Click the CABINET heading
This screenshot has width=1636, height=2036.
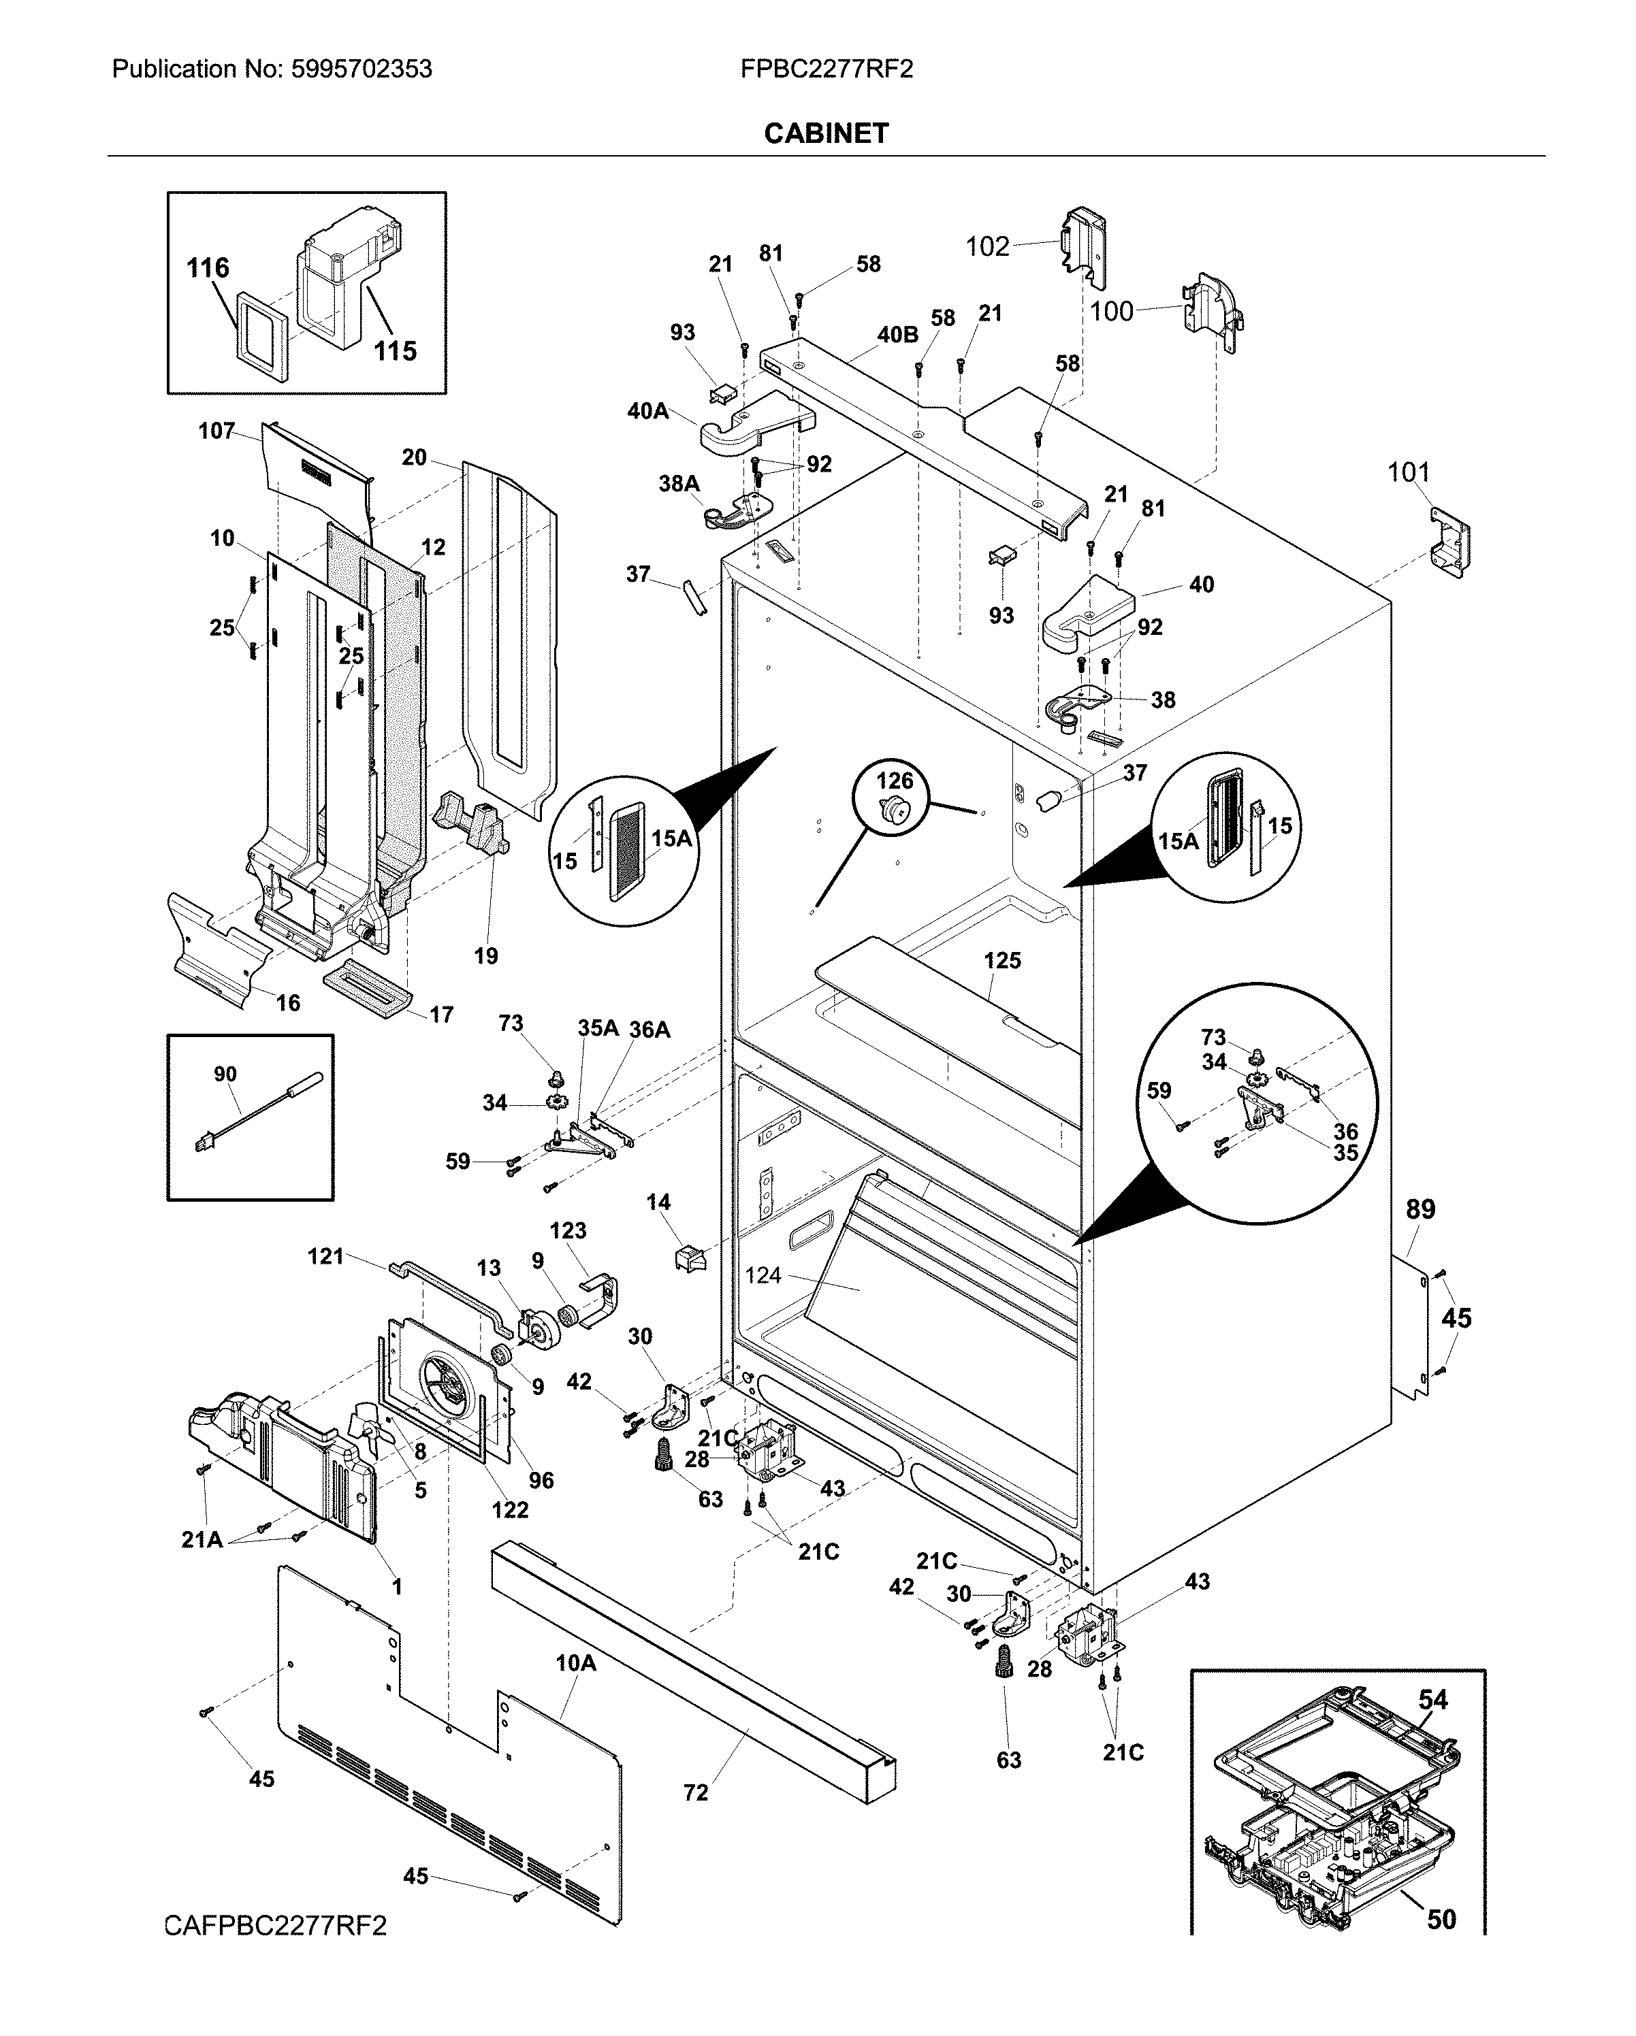[826, 133]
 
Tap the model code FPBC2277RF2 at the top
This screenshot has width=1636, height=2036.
[827, 69]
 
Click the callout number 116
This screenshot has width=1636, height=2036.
[208, 268]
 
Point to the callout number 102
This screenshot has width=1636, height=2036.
[987, 246]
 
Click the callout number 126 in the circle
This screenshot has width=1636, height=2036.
[895, 780]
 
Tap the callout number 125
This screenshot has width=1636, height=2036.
[1002, 960]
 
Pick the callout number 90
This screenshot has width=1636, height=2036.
[225, 1074]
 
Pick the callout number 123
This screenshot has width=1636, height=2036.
[568, 1230]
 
